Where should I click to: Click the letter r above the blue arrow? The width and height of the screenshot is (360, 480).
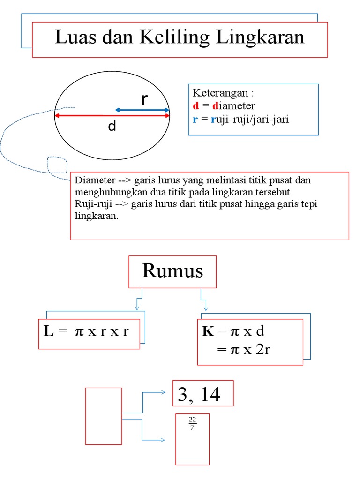pos(144,99)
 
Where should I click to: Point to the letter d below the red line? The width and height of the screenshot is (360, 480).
pos(112,126)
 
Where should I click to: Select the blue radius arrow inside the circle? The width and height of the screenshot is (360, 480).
pos(142,110)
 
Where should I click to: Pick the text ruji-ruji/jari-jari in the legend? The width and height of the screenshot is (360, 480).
pos(250,119)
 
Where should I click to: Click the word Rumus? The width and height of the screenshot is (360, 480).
pos(172,271)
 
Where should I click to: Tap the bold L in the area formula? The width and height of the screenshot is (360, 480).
pos(49,332)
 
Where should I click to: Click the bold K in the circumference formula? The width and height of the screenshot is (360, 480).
pos(208,332)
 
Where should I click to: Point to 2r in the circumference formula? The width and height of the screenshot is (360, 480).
pos(262,350)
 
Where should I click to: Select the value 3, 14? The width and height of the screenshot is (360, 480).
pos(199,395)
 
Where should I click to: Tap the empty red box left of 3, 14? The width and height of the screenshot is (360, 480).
pos(104,416)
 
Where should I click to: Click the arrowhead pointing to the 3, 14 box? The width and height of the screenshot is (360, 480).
pos(162,393)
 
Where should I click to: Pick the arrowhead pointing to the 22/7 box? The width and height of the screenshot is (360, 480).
pos(162,440)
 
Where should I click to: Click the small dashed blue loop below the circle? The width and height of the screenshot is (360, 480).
pos(57,165)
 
